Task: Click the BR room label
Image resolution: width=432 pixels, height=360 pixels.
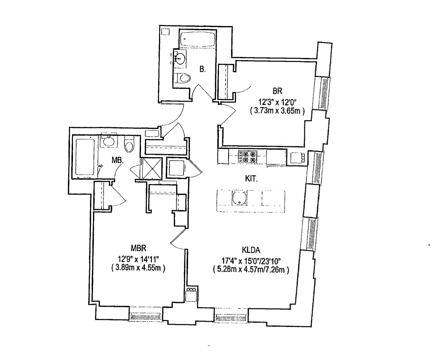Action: [277, 91]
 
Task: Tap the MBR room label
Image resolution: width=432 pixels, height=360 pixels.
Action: [138, 247]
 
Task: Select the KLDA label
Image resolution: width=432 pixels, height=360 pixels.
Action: [251, 250]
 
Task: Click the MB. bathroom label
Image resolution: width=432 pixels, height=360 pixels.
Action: [118, 160]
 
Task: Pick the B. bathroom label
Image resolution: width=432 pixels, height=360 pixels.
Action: [202, 70]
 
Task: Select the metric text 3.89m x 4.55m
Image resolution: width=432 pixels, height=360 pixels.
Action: [138, 268]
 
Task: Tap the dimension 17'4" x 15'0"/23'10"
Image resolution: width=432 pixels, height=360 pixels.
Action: [251, 261]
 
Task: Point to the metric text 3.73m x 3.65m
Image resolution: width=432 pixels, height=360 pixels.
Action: [277, 111]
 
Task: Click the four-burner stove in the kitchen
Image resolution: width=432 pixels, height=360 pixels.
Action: [247, 157]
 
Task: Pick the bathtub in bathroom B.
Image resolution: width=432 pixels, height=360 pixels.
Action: [196, 38]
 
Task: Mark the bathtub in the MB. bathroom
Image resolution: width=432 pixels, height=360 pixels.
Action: [85, 157]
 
